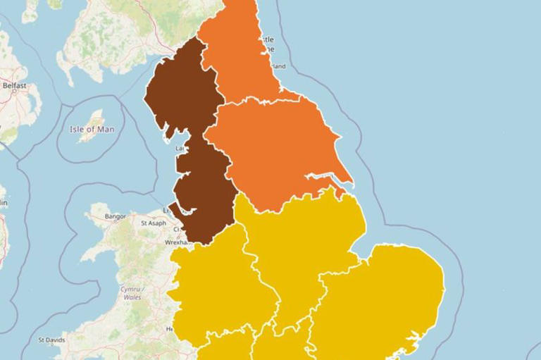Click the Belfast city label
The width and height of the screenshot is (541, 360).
coord(14,86)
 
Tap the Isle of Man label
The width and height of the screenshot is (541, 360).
coord(92,130)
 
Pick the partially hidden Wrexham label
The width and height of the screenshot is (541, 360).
coord(177,242)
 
